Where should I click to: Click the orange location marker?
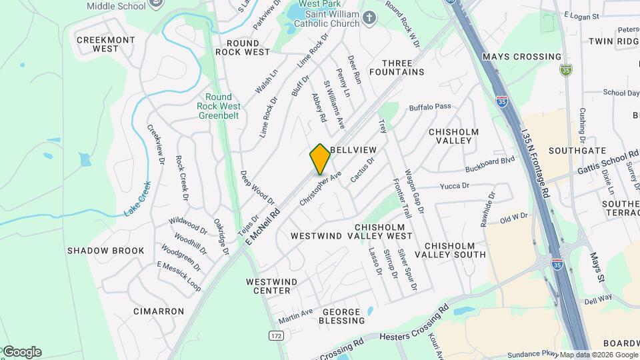pos(320,159)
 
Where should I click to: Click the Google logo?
pos(21,352)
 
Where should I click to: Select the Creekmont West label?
pos(97,44)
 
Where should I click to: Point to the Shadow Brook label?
pos(106,251)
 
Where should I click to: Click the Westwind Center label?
pos(269,286)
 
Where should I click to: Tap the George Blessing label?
pos(344,316)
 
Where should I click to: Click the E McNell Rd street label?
pos(263,222)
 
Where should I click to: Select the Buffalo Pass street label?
pos(430,106)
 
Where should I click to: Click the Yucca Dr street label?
pos(455,186)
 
